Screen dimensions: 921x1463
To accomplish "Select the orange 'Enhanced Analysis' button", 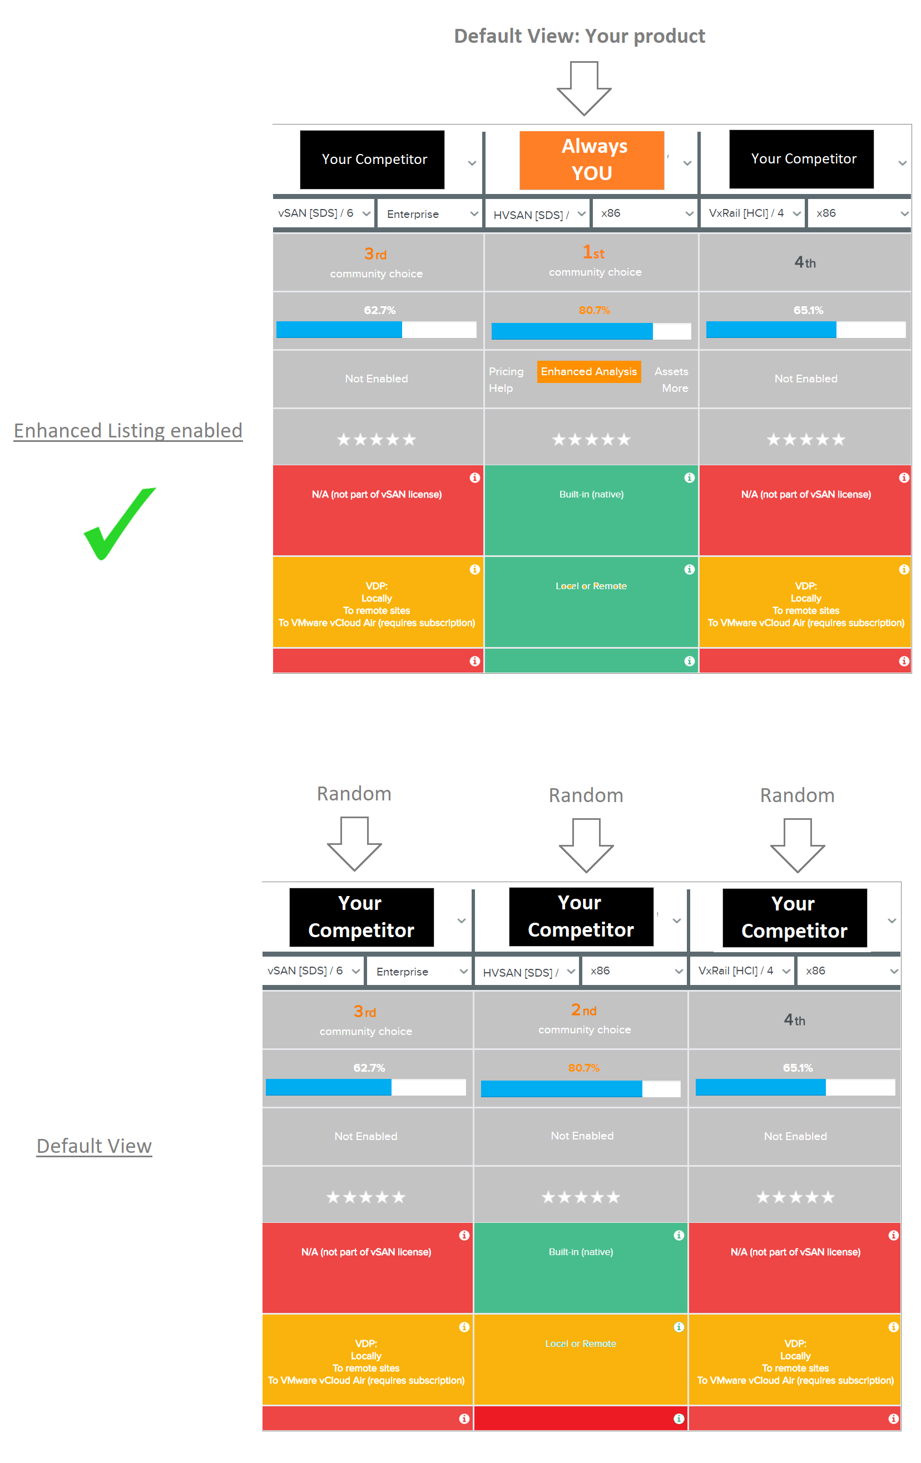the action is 588,371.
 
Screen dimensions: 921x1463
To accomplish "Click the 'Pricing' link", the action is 506,371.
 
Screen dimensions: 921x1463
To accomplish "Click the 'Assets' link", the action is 671,371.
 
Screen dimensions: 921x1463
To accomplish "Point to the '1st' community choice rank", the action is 593,252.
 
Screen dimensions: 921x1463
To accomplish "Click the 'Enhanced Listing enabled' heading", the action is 128,431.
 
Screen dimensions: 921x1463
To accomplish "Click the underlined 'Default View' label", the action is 94,1146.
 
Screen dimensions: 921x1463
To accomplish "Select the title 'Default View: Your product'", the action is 580,37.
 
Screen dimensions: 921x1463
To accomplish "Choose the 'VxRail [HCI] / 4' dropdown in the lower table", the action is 743,971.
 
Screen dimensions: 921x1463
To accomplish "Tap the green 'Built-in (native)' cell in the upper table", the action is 591,510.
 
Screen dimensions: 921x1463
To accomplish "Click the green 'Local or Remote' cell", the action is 591,602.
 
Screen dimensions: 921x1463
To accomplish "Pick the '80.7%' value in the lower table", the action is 583,1067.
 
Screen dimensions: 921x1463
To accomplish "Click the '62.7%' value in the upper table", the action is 379,310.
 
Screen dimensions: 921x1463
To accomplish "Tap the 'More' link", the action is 675,388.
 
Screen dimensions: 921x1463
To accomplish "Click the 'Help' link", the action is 501,388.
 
